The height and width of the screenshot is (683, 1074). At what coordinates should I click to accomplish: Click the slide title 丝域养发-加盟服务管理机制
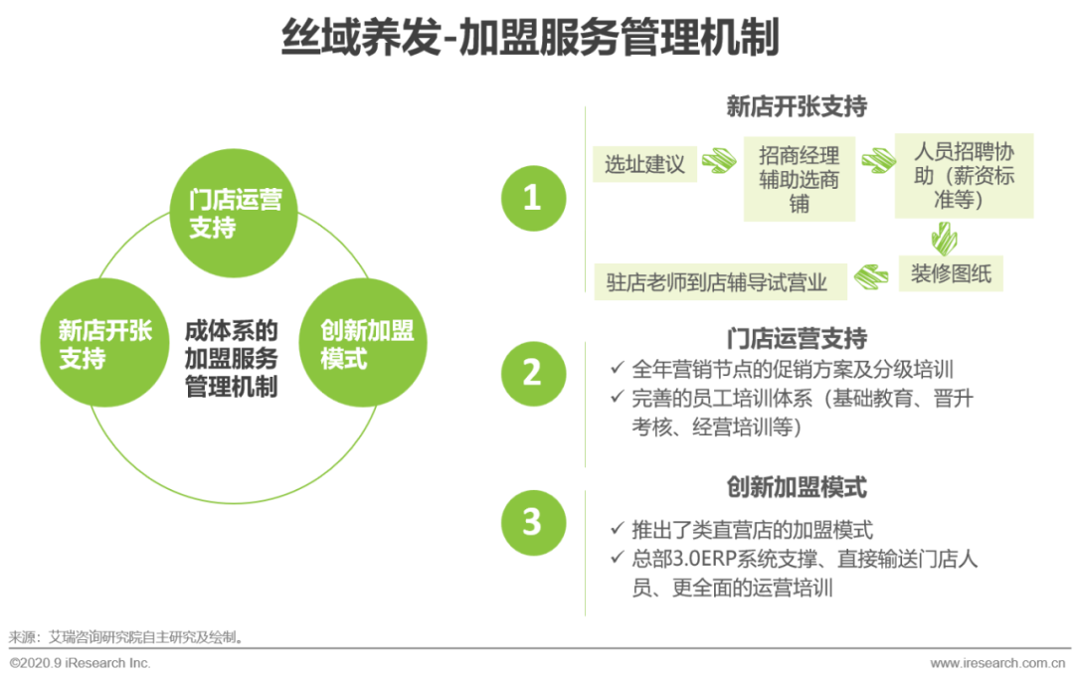tap(530, 40)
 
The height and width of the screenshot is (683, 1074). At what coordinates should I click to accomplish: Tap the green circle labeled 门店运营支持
tap(237, 214)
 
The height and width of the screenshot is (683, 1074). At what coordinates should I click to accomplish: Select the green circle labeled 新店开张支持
tap(105, 343)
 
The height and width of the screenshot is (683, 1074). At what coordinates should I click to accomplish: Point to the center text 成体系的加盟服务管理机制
tap(232, 358)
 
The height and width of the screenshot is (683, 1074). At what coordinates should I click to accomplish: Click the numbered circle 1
tap(533, 198)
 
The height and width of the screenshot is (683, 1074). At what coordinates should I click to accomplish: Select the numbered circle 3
tap(533, 522)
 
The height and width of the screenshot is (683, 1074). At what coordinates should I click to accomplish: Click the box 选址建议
tap(645, 164)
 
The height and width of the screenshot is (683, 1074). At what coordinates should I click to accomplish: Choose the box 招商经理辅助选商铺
tap(800, 179)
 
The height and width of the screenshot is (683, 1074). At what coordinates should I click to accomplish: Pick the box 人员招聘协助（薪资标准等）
tap(964, 176)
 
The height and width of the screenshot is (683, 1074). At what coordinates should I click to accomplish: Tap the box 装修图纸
tap(951, 273)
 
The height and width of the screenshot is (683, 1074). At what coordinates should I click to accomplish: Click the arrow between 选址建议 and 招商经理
tap(718, 161)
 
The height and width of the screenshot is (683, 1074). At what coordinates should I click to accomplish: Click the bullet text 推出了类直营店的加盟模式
tap(752, 530)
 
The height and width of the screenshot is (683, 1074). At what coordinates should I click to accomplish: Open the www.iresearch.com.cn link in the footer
tap(999, 663)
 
